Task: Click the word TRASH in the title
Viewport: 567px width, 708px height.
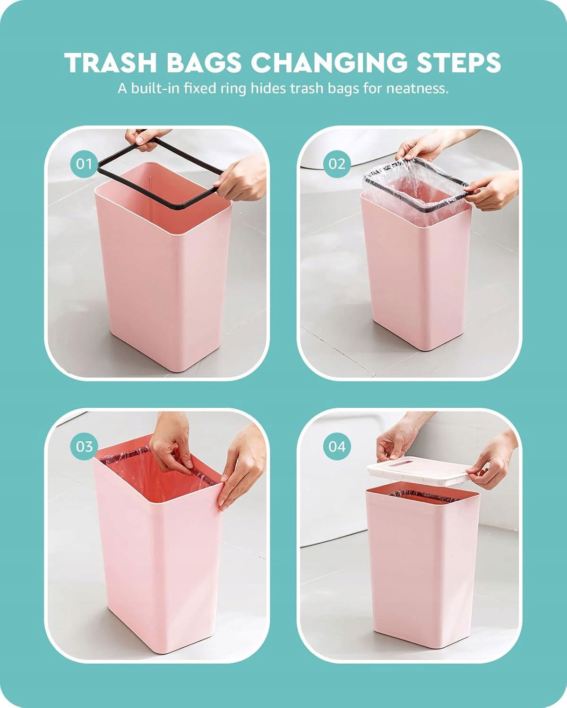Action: pyautogui.click(x=111, y=62)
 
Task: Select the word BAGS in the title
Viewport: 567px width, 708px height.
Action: pyautogui.click(x=204, y=62)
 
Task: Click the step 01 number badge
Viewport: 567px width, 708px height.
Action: pyautogui.click(x=84, y=164)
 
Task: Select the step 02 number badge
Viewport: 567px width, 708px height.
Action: pyautogui.click(x=337, y=164)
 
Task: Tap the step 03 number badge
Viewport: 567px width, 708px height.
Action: pyautogui.click(x=84, y=447)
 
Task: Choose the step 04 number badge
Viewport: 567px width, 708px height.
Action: pyautogui.click(x=337, y=447)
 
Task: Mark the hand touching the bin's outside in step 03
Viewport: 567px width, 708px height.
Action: pyautogui.click(x=242, y=464)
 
